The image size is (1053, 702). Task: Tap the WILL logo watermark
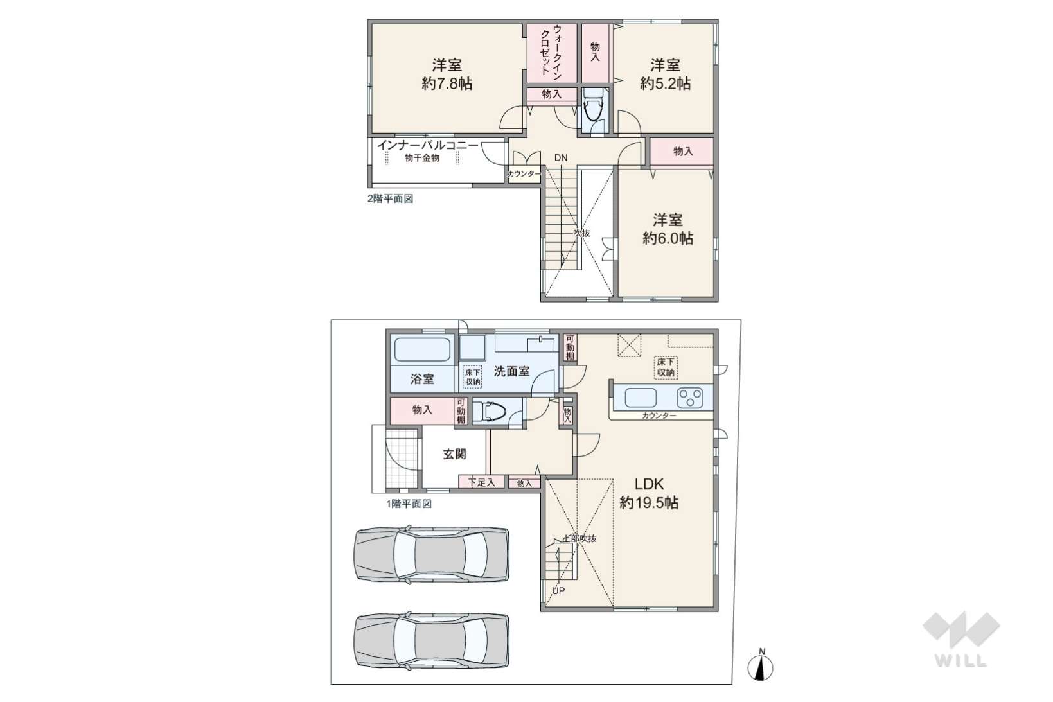961,640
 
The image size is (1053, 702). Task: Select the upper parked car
432,554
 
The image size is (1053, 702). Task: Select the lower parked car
432,640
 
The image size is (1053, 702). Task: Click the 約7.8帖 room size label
447,83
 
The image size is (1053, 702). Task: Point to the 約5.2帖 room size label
665,83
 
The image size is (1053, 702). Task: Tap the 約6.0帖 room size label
668,238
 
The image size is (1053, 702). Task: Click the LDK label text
649,484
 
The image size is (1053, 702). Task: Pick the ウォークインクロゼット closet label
551,50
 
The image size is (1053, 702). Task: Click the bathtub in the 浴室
421,349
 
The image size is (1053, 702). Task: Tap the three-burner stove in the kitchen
690,398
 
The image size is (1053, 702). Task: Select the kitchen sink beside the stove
641,398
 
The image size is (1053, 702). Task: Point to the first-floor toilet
490,412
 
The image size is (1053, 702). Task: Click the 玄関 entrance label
455,454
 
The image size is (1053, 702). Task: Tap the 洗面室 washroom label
511,371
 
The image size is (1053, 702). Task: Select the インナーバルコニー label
427,145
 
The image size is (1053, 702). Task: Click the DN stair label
561,158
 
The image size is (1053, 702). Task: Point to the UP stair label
558,591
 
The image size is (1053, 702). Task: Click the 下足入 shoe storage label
481,482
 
